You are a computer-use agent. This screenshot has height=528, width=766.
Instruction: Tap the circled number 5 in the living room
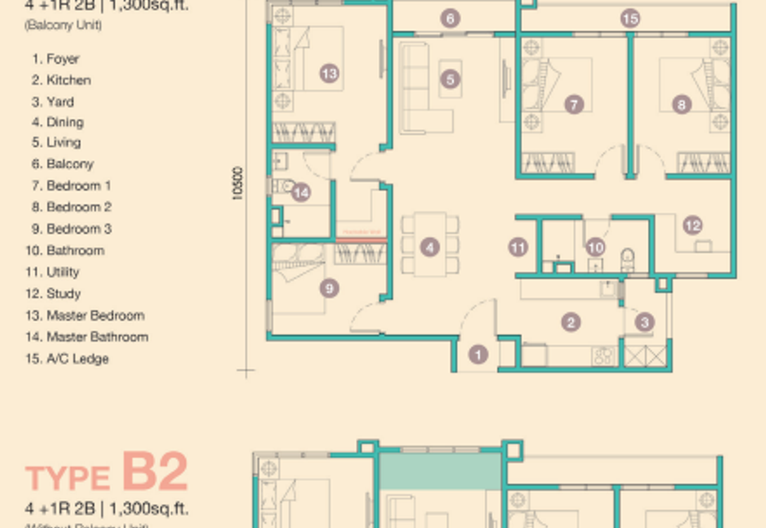click(451, 80)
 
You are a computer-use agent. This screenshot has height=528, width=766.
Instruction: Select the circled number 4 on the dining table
click(431, 247)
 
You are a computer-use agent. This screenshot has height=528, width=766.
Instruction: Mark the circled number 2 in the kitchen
click(571, 322)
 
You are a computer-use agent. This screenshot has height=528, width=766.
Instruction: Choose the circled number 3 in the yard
click(645, 322)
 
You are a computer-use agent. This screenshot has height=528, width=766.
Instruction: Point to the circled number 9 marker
click(328, 287)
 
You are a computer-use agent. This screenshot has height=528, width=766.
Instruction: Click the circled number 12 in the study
click(692, 226)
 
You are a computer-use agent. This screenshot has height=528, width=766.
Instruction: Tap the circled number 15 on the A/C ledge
click(629, 17)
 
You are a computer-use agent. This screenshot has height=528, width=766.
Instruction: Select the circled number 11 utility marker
click(518, 247)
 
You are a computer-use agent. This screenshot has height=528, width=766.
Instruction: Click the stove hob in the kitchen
click(604, 356)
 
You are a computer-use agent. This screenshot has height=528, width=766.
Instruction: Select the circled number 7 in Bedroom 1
click(574, 104)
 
